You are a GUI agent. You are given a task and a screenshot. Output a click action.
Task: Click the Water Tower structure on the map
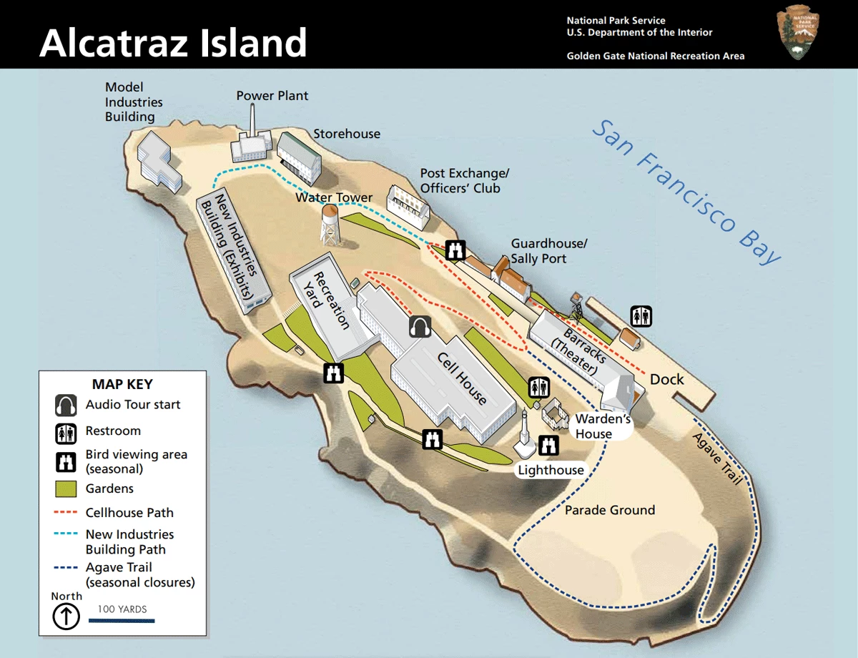tap(330, 224)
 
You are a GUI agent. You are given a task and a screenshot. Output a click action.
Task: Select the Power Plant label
tap(272, 96)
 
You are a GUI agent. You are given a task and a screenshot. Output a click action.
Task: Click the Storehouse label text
tap(347, 134)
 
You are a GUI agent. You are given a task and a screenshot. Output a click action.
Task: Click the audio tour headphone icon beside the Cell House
tap(420, 327)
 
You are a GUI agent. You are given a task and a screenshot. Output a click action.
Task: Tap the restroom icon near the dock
tap(641, 315)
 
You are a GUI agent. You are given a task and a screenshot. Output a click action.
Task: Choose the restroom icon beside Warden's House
tap(538, 387)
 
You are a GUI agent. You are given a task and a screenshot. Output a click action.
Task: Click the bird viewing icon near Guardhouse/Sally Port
tap(455, 250)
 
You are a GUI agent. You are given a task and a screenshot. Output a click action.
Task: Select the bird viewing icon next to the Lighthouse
tap(548, 445)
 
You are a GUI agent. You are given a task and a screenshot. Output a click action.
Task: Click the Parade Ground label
tap(610, 510)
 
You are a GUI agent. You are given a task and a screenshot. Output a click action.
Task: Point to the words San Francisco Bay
tap(687, 191)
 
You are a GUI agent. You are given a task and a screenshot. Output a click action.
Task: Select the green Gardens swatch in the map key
tap(66, 489)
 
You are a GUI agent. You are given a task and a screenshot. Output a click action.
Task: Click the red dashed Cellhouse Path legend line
tap(66, 513)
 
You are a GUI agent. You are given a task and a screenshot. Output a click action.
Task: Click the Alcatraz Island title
tap(173, 43)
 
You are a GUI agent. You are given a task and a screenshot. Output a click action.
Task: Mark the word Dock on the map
tap(666, 379)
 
